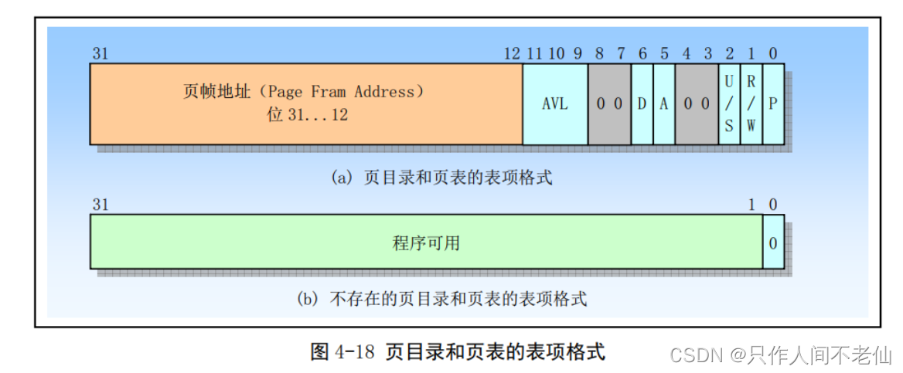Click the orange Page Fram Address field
(x=305, y=103)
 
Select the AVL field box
(x=554, y=103)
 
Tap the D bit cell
(x=642, y=103)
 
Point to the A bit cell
(x=663, y=103)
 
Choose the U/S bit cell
(x=728, y=103)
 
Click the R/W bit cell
(x=750, y=103)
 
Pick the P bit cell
(x=773, y=103)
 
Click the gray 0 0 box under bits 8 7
(x=609, y=103)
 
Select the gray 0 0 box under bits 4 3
(x=696, y=103)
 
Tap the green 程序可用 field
(x=426, y=242)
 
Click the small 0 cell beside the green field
(x=773, y=242)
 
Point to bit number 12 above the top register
(x=511, y=53)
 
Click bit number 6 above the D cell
(x=642, y=53)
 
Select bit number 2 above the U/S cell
(x=728, y=53)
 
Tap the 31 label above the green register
(x=100, y=204)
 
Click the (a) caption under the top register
(x=441, y=178)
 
